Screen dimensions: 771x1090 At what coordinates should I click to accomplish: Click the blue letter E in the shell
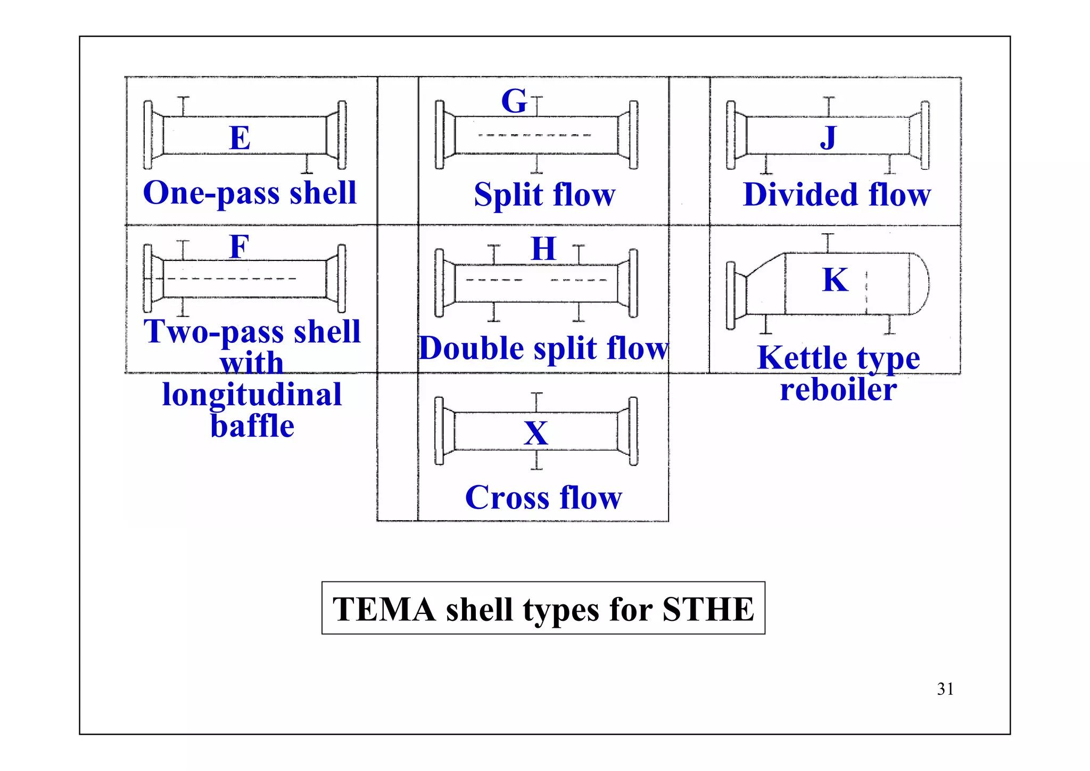click(x=240, y=138)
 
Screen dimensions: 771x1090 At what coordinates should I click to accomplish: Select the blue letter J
click(x=828, y=137)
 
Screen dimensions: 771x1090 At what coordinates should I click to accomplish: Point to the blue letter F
click(x=239, y=247)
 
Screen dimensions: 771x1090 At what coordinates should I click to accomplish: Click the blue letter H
click(x=543, y=249)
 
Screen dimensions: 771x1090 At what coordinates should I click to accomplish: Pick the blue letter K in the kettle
click(x=835, y=280)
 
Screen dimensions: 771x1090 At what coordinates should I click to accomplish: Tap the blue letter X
click(x=536, y=433)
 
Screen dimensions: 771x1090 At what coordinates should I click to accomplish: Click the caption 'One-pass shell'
click(x=250, y=193)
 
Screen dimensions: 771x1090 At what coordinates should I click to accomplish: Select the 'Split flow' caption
click(x=544, y=194)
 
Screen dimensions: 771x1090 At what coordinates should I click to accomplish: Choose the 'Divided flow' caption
click(x=837, y=194)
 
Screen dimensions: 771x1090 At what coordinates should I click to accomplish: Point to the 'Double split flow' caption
click(x=543, y=348)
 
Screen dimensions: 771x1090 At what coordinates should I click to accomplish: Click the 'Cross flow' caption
click(x=543, y=497)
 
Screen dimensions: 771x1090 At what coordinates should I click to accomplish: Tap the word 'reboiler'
click(x=838, y=389)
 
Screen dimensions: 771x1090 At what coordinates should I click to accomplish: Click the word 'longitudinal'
click(x=252, y=395)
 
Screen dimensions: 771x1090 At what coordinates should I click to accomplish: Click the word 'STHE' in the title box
click(x=708, y=609)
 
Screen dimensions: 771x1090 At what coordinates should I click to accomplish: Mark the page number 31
click(x=945, y=689)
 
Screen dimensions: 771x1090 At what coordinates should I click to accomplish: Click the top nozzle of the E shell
click(x=184, y=105)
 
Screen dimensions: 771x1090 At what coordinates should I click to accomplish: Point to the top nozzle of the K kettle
click(x=828, y=242)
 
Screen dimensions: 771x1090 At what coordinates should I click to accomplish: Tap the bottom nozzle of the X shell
click(x=536, y=461)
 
